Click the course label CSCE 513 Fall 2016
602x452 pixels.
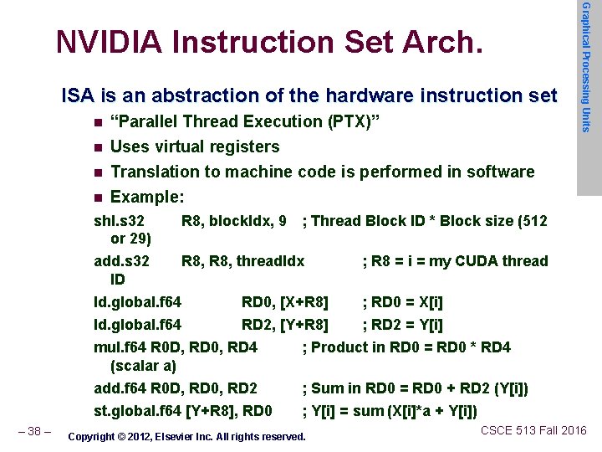[533, 430]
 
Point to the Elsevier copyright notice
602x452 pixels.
[186, 436]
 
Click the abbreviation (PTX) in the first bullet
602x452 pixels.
[353, 121]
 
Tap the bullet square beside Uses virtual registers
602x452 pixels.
[98, 148]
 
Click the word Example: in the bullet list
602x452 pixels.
[147, 197]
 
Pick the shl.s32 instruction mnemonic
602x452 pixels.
[119, 221]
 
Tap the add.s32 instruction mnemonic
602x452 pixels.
[121, 260]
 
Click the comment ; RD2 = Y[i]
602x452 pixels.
[402, 324]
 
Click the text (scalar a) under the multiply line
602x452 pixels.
[143, 365]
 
